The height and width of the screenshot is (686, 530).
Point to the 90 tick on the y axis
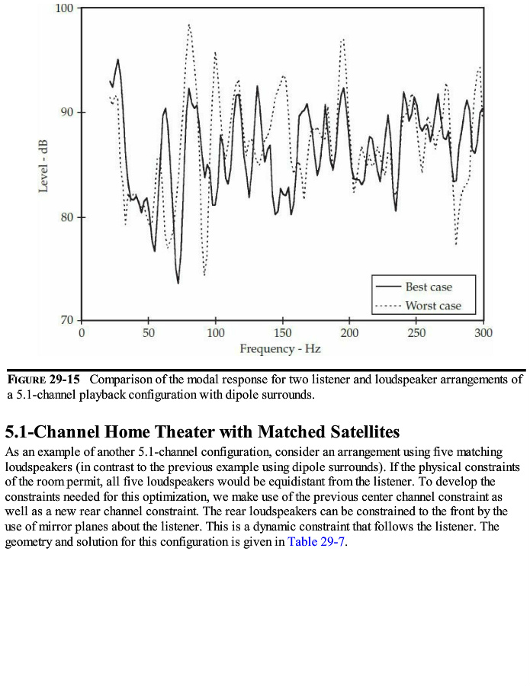click(x=66, y=113)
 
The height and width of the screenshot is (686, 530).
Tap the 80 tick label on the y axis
click(x=66, y=217)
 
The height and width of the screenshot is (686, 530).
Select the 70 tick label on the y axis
click(x=66, y=321)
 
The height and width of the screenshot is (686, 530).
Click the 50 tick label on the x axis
click(x=148, y=333)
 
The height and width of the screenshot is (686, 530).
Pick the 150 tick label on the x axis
click(x=282, y=333)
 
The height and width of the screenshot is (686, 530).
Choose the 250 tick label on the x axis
click(x=416, y=333)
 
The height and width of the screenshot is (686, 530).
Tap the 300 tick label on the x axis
click(x=483, y=333)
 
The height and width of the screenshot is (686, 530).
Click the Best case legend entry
click(x=428, y=287)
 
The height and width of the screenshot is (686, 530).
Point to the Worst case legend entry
click(x=432, y=306)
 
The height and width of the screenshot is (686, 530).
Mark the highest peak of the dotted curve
click(x=188, y=24)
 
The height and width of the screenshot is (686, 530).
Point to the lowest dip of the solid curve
click(x=178, y=284)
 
